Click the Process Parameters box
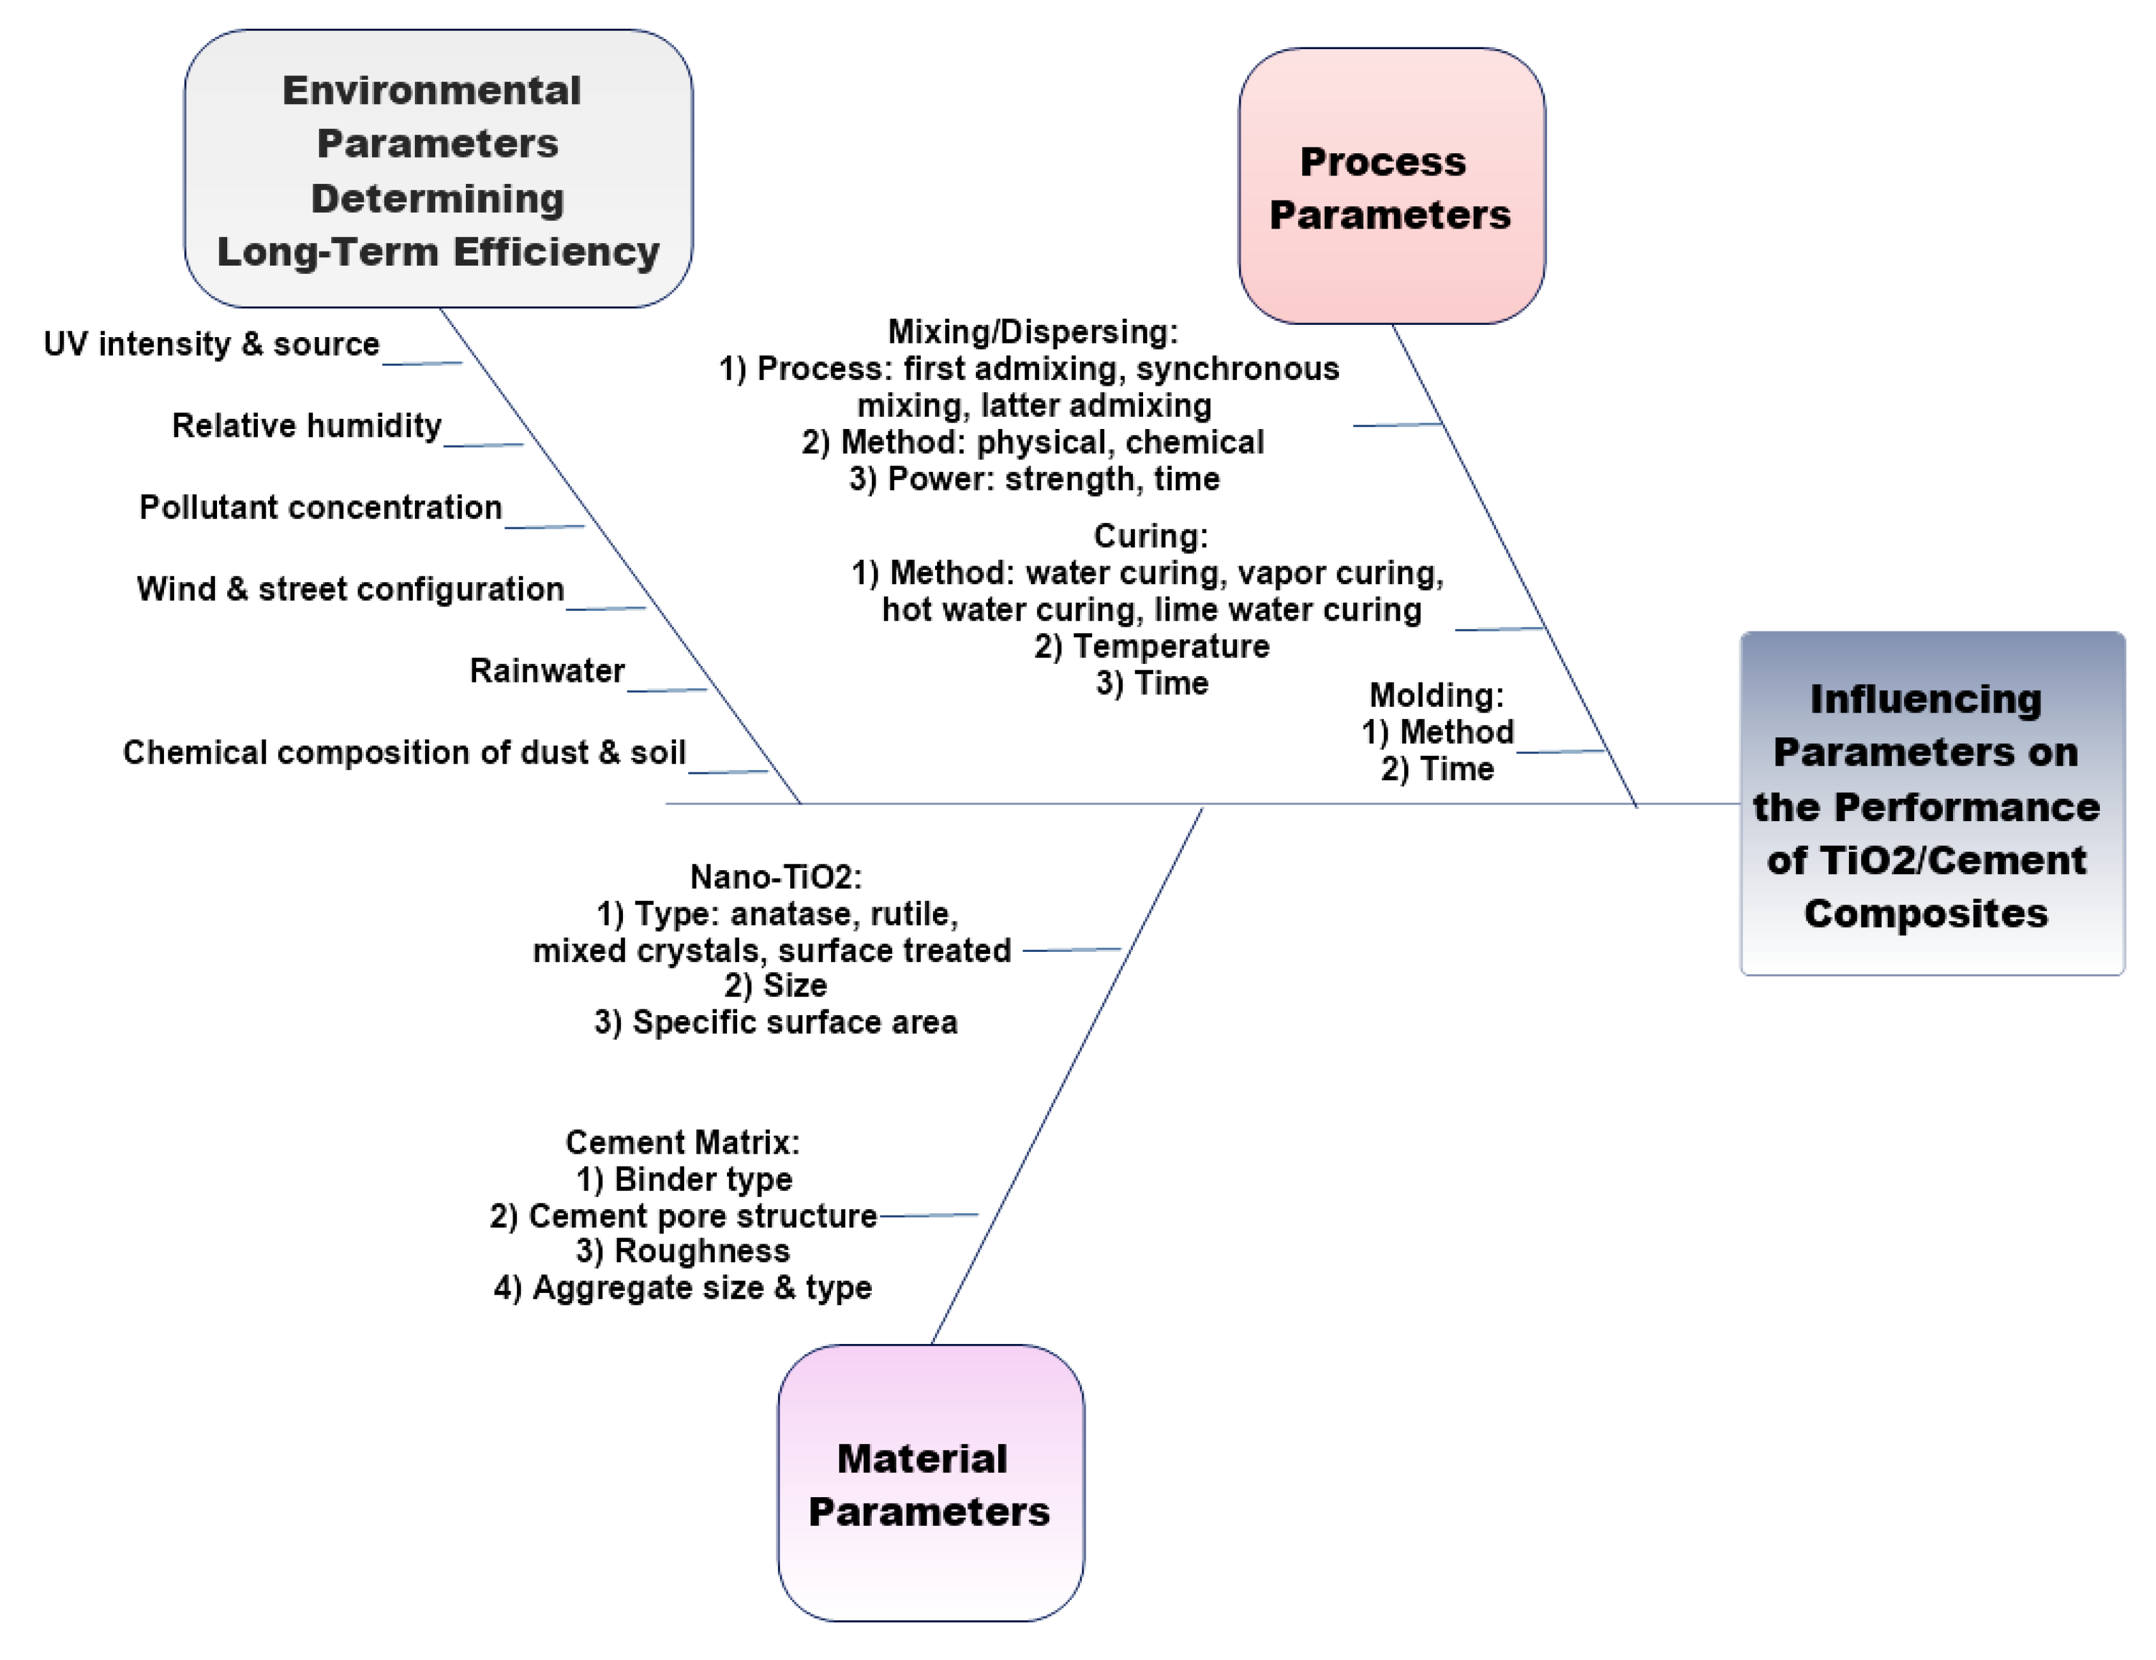pyautogui.click(x=1391, y=186)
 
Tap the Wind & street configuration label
pyautogui.click(x=350, y=589)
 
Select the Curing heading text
pyautogui.click(x=1150, y=536)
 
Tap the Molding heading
pyautogui.click(x=1435, y=695)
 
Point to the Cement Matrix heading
pyautogui.click(x=682, y=1143)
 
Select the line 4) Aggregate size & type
pyautogui.click(x=682, y=1288)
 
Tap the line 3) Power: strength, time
pyautogui.click(x=1033, y=479)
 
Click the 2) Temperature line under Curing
pyautogui.click(x=1151, y=646)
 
